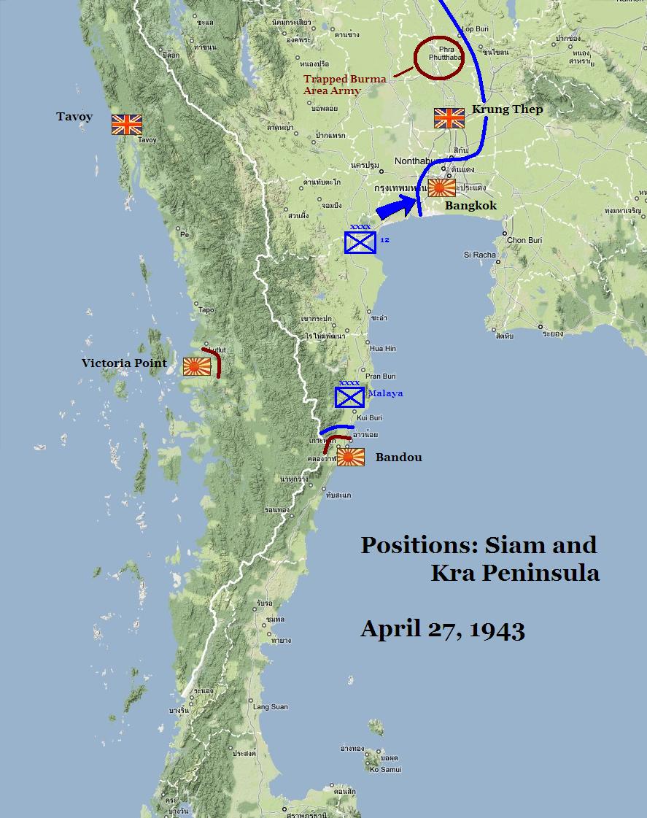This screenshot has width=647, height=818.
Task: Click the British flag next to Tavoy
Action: click(x=126, y=124)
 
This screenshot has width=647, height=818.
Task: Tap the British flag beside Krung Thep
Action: click(x=449, y=118)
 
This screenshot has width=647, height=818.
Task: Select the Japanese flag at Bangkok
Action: click(x=441, y=188)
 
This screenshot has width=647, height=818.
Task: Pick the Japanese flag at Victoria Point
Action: click(x=196, y=366)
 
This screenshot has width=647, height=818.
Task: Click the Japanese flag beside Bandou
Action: click(x=350, y=457)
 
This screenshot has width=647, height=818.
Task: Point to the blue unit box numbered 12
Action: click(x=360, y=242)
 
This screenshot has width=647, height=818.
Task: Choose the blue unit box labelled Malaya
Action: click(x=349, y=396)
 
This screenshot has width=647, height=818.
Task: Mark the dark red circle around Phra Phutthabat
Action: click(x=439, y=57)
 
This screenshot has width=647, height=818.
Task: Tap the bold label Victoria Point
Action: click(x=124, y=363)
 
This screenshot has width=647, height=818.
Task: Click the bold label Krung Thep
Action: click(x=508, y=109)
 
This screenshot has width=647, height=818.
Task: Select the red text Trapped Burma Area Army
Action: click(x=344, y=85)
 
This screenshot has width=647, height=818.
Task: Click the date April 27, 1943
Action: click(x=442, y=629)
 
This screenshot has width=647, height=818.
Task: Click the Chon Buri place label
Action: click(x=526, y=240)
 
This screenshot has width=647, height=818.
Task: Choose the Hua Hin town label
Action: click(x=383, y=349)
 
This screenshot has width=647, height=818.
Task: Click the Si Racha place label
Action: click(x=480, y=255)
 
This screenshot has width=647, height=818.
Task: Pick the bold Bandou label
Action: click(x=398, y=458)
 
